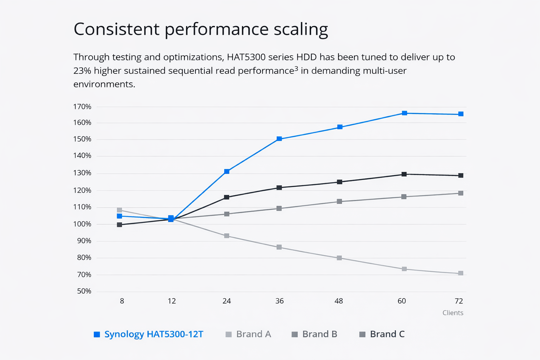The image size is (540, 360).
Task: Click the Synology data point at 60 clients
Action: point(404,113)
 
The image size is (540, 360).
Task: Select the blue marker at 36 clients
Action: point(279,139)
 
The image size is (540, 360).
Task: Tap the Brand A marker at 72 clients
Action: point(461,273)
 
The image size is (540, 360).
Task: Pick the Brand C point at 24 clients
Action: point(227,197)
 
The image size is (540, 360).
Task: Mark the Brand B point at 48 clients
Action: point(339,201)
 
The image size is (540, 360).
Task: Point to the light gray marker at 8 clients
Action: point(120,210)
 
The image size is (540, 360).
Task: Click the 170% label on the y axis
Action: point(82,107)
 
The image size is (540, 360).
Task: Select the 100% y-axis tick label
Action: point(82,224)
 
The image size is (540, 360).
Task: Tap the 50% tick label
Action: point(84,291)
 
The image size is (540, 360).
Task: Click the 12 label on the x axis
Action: point(172,301)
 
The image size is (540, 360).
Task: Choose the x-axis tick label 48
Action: point(339,301)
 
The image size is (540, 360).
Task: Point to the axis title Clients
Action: point(453,313)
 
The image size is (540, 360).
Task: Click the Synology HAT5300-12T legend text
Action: point(154,334)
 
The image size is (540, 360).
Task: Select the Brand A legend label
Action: point(253,334)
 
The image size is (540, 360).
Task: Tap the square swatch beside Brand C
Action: point(362,334)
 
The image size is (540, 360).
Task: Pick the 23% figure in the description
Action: point(82,71)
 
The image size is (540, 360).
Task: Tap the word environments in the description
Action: point(104,84)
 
